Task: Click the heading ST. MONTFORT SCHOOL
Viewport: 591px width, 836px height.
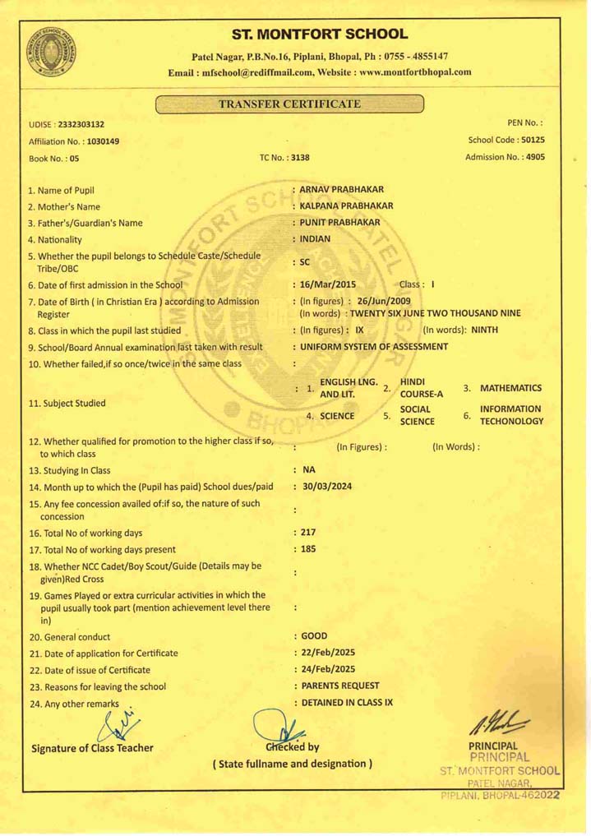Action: tap(319, 34)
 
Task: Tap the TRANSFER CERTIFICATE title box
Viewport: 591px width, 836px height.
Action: tap(289, 104)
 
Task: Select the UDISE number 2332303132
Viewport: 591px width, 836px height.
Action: tap(81, 125)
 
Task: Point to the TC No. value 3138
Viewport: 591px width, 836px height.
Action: tap(299, 157)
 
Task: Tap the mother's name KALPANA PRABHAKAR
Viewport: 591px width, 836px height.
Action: tap(348, 206)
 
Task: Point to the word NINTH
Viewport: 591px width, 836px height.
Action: tap(483, 330)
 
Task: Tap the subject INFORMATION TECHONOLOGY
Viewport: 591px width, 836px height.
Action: tap(511, 414)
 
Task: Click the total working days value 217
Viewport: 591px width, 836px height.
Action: tap(307, 533)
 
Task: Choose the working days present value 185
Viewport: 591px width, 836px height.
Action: tap(307, 549)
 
